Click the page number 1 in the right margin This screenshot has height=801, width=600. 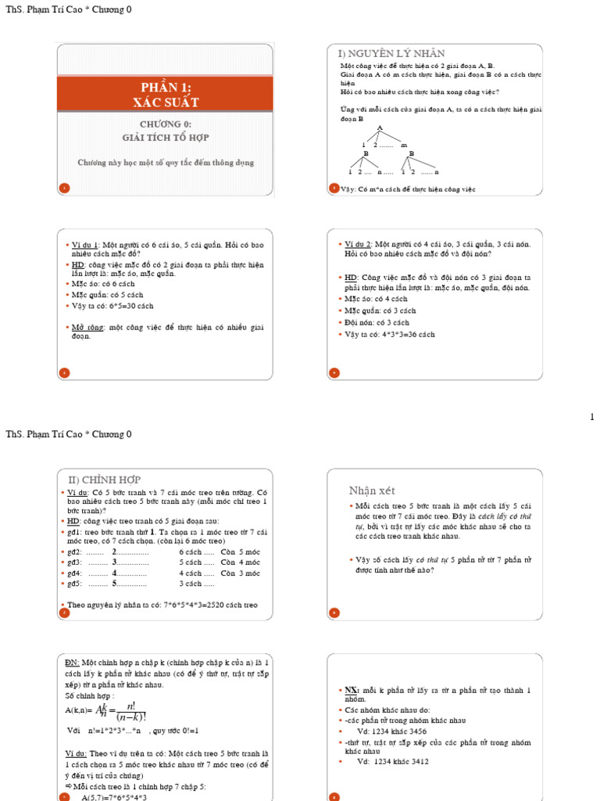[x=593, y=417]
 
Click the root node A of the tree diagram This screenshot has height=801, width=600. [x=380, y=128]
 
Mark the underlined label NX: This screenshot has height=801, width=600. [x=352, y=690]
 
